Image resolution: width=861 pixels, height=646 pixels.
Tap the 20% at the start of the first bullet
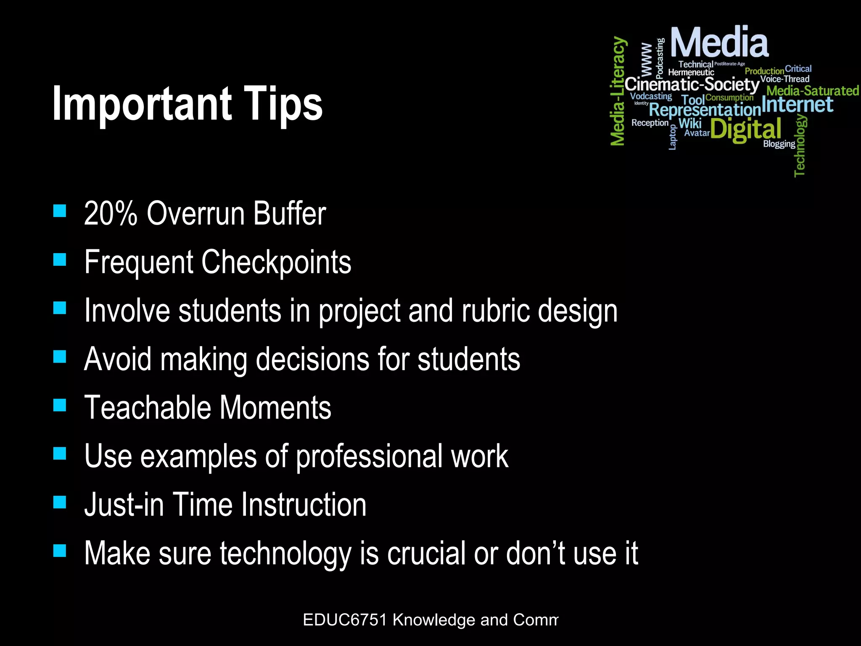coord(111,213)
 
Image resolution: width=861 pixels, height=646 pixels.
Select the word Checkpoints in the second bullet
coord(276,262)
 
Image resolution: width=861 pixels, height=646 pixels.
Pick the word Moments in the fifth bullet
coord(275,408)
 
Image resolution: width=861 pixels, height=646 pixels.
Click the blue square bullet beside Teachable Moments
coord(60,405)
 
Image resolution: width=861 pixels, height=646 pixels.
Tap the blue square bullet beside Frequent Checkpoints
coord(60,259)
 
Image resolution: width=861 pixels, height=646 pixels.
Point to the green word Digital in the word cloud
coord(745,129)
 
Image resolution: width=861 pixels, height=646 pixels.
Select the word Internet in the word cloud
coord(797,104)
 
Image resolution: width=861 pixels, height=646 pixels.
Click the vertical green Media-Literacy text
coord(618,91)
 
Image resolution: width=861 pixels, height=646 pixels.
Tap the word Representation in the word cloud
coord(705,110)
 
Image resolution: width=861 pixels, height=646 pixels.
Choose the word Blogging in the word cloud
coord(779,144)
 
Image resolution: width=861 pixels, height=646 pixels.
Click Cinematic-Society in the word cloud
coord(692,85)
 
